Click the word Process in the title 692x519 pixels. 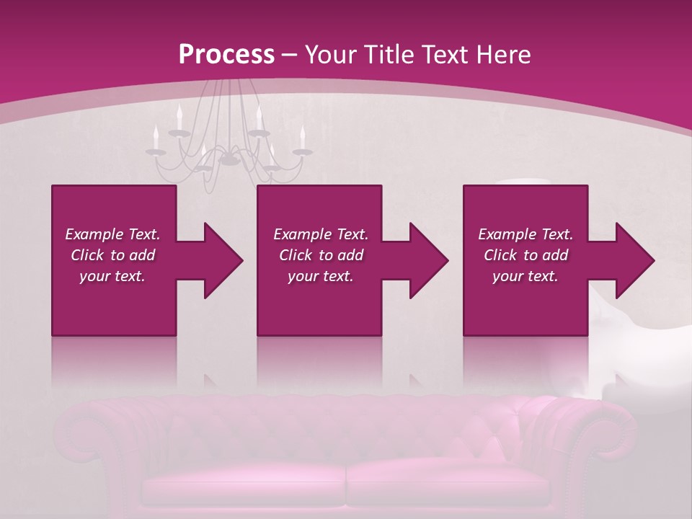pos(226,55)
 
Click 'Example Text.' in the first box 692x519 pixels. pos(112,234)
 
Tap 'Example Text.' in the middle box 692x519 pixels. pos(320,234)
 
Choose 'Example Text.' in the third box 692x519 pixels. pos(525,234)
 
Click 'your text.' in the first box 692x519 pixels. pos(112,276)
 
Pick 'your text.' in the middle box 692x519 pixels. pos(320,276)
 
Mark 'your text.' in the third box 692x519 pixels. pos(525,276)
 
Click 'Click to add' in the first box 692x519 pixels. pos(112,255)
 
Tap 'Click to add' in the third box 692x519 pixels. pos(525,255)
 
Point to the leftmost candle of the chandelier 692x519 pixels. pos(155,137)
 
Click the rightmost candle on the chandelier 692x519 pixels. pos(303,137)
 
